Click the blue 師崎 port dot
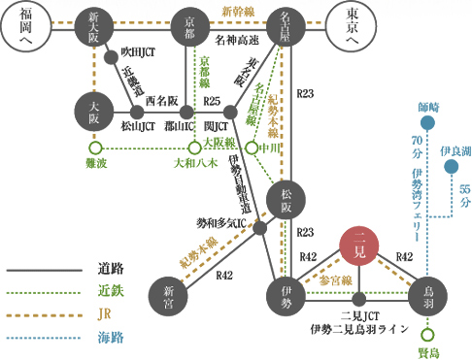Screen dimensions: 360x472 pos(426,123)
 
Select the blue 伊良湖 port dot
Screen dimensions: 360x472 pos(450,167)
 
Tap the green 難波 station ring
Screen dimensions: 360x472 pos(95,147)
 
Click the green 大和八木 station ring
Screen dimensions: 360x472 pos(194,147)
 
